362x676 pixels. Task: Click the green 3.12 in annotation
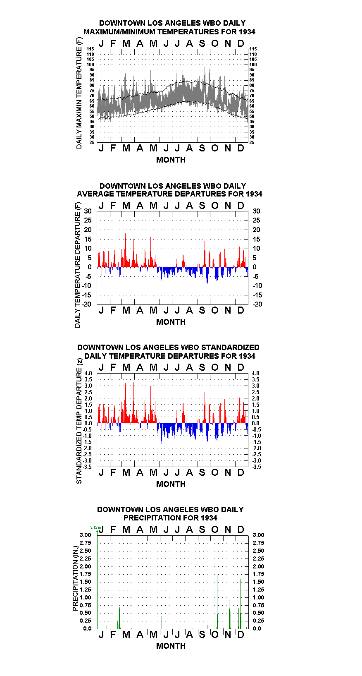tap(95, 527)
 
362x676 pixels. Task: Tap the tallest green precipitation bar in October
tap(217, 602)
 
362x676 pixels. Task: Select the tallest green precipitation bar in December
tap(241, 604)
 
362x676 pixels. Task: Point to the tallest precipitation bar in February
tap(120, 618)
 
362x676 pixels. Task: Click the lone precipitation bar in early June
tap(162, 622)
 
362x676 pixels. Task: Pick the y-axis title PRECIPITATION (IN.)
tap(75, 578)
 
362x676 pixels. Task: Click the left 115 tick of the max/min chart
tap(90, 49)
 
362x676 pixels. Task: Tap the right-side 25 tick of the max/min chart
tap(252, 142)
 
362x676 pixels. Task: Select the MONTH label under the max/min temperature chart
tap(171, 160)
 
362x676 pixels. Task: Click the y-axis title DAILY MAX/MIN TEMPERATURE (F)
tap(79, 93)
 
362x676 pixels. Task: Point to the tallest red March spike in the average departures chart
tap(126, 250)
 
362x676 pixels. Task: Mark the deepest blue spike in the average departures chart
tap(207, 276)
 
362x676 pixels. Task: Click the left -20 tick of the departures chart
tap(87, 304)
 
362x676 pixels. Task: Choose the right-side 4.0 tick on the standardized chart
tap(256, 373)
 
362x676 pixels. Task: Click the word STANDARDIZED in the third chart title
tap(229, 348)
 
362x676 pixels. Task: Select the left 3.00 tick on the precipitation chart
tap(85, 535)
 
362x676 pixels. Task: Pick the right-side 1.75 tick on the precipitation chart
tap(258, 574)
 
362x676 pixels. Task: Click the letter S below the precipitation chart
tap(202, 635)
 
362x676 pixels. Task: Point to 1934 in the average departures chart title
tap(254, 194)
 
